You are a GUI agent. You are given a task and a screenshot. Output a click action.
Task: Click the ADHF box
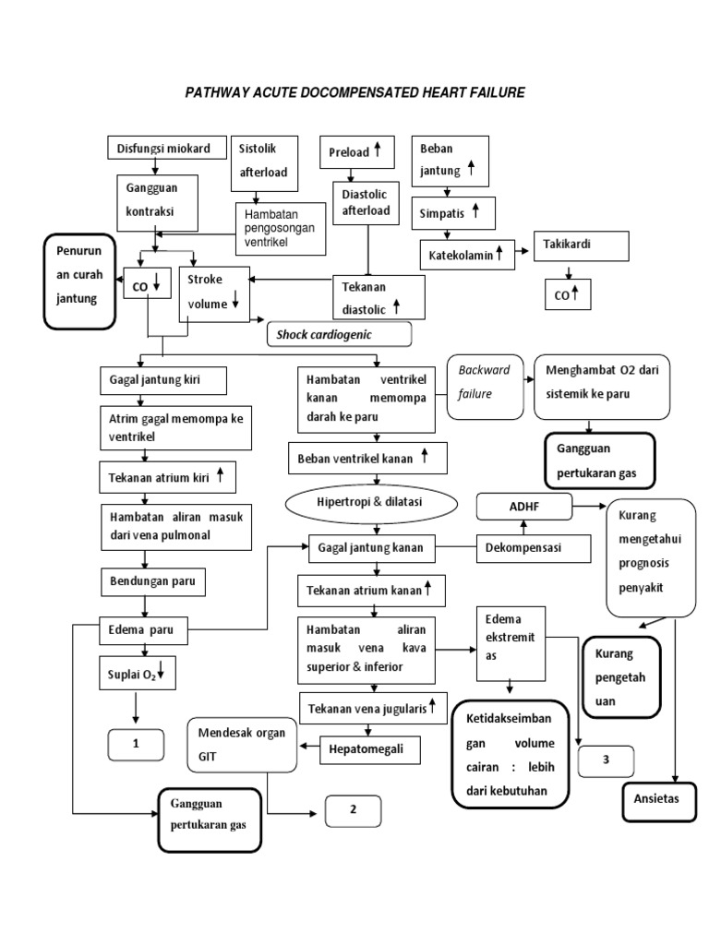tap(523, 507)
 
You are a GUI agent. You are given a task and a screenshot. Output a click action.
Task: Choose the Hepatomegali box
tap(369, 749)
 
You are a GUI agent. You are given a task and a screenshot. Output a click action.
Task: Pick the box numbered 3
tap(606, 761)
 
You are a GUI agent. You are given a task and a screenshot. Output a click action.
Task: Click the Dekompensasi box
tap(534, 548)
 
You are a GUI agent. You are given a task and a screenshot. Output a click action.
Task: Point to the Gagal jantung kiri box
tap(162, 380)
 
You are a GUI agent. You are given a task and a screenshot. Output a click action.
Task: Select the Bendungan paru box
tap(153, 582)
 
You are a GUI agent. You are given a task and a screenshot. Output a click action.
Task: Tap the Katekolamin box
tap(468, 253)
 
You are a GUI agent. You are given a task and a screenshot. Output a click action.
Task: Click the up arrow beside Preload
tap(377, 150)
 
